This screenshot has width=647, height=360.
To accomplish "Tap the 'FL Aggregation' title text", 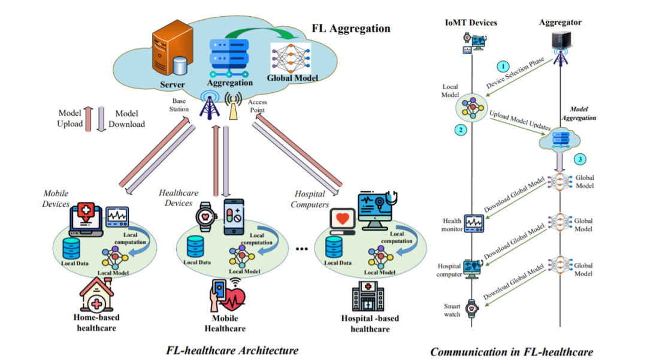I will (x=350, y=28).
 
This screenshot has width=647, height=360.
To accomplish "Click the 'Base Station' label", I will (x=180, y=105).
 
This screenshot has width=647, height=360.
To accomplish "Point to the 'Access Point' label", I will (x=258, y=105).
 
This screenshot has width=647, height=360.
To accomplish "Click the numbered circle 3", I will (x=579, y=159).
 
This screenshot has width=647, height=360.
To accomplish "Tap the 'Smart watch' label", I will (x=452, y=310).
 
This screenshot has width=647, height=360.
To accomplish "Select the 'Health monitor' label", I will (x=452, y=225).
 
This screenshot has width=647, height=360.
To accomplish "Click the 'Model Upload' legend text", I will (x=69, y=119).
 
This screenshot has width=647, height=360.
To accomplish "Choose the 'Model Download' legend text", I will (x=126, y=119).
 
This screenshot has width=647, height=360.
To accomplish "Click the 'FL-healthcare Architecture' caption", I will (x=232, y=350).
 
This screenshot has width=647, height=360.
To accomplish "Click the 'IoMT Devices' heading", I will (x=471, y=23).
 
